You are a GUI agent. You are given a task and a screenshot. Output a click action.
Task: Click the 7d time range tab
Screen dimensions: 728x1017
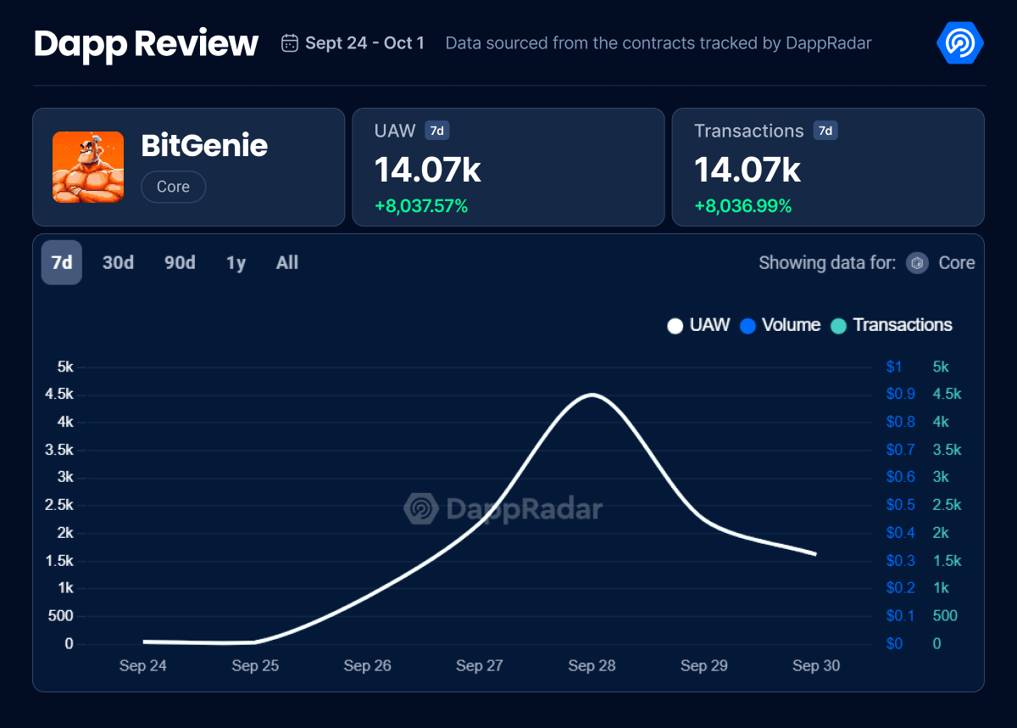click(x=62, y=263)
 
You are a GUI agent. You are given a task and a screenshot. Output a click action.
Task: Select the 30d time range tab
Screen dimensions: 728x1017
click(x=118, y=263)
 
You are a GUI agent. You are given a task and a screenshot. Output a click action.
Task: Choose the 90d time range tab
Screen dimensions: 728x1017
click(x=180, y=263)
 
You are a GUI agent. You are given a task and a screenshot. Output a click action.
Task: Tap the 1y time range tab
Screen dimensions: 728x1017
click(x=236, y=263)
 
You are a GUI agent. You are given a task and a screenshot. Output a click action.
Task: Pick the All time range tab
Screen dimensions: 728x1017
click(x=287, y=263)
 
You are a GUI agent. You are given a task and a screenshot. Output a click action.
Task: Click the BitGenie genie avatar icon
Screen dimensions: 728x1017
click(x=88, y=167)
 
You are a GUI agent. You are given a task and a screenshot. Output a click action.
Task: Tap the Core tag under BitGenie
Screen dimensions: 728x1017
click(x=173, y=187)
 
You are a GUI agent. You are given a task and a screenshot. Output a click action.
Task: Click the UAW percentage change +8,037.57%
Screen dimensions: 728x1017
click(x=421, y=206)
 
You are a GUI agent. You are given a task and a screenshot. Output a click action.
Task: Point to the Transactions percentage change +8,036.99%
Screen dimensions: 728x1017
click(x=742, y=206)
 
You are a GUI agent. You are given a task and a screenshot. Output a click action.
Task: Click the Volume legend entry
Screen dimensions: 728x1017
click(x=781, y=325)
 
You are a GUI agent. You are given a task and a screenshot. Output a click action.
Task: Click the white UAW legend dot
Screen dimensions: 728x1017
click(x=675, y=326)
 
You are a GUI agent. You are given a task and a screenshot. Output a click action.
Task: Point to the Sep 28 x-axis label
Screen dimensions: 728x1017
click(x=592, y=666)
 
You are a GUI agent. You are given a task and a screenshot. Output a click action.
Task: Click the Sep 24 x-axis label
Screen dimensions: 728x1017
click(x=143, y=666)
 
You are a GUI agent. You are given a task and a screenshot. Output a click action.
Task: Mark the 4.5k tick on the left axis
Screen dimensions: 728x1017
click(x=58, y=395)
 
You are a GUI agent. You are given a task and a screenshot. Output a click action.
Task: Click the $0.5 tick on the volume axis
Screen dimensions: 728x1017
click(x=900, y=505)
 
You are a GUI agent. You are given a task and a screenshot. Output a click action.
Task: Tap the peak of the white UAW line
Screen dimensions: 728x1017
click(x=591, y=395)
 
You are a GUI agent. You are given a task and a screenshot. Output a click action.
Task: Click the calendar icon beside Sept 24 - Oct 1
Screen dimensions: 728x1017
click(x=290, y=43)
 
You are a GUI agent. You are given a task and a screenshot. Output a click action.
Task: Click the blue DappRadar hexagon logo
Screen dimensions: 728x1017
click(x=960, y=43)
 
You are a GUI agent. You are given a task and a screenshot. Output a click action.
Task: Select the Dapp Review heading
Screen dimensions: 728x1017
click(x=146, y=43)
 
